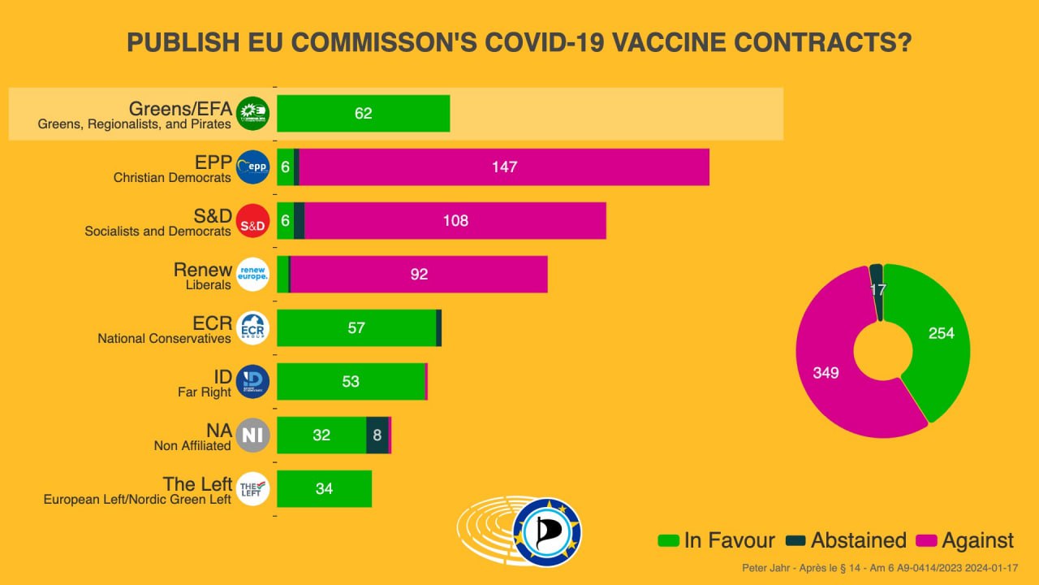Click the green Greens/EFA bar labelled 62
tap(363, 114)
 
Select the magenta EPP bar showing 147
tap(504, 167)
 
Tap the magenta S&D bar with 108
tap(455, 221)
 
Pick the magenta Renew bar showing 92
tap(419, 275)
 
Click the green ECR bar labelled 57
tap(356, 328)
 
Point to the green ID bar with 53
tap(351, 382)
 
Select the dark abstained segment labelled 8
tap(377, 435)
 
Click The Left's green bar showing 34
tap(324, 489)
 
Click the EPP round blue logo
tap(252, 167)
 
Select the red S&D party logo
tap(252, 221)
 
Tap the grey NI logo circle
tap(252, 435)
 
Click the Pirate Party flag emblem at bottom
tap(547, 532)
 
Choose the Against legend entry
tap(965, 540)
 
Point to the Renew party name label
tap(203, 270)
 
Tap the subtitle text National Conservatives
tap(165, 339)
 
